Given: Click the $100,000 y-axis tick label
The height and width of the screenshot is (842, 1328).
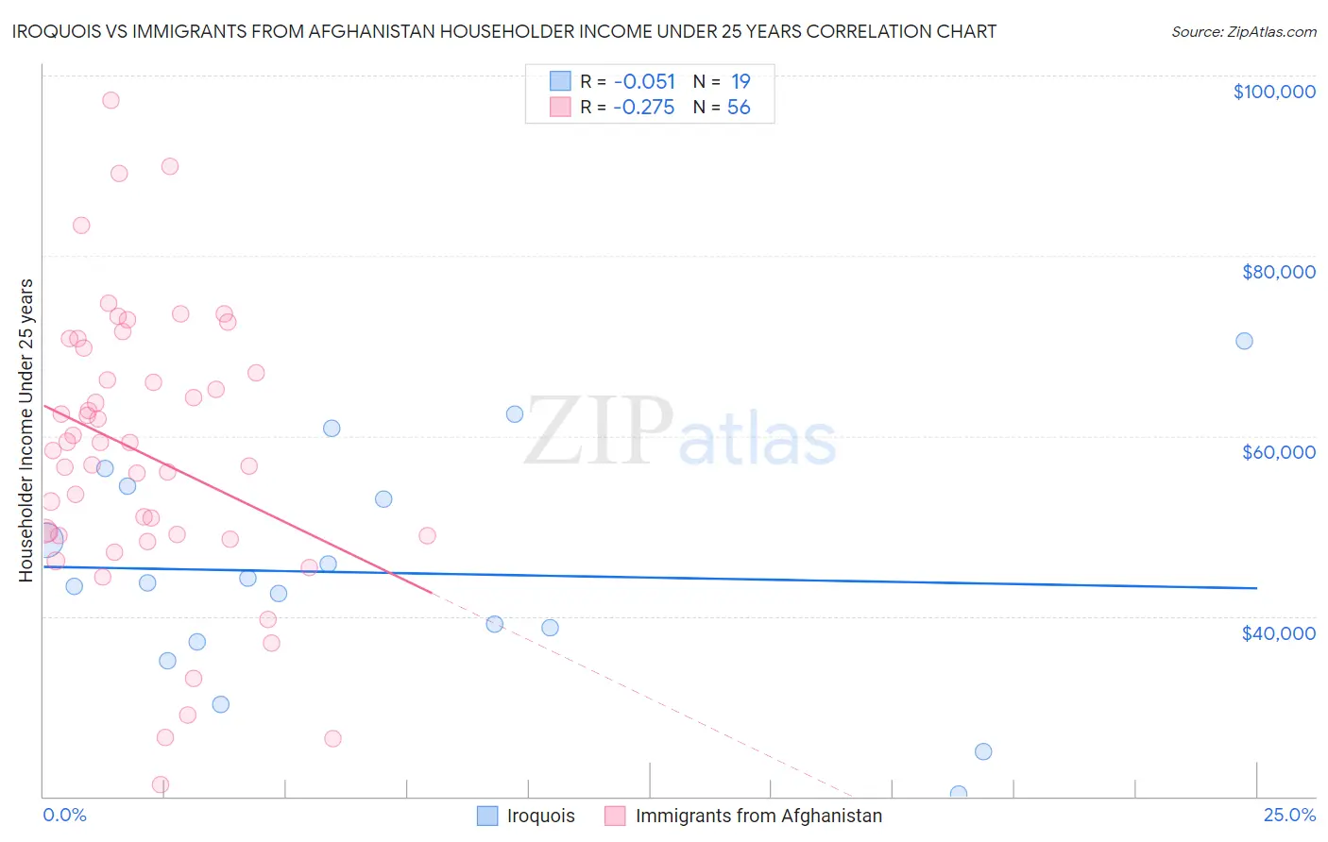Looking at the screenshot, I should pyautogui.click(x=1274, y=92).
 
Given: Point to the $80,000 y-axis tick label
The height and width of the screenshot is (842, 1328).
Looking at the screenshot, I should pyautogui.click(x=1278, y=272).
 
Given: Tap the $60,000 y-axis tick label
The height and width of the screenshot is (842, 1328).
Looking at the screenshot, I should pyautogui.click(x=1278, y=452).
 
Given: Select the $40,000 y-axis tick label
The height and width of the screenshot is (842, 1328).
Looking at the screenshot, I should pyautogui.click(x=1278, y=633).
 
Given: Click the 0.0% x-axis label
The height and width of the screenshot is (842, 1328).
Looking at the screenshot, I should pyautogui.click(x=64, y=816).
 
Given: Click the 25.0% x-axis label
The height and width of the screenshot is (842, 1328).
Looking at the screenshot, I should pyautogui.click(x=1289, y=816).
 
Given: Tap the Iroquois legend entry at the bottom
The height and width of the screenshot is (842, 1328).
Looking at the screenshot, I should pyautogui.click(x=540, y=816).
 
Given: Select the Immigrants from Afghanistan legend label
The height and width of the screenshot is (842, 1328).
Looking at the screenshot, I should pyautogui.click(x=758, y=816).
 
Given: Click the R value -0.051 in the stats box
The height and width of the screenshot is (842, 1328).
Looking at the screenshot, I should pyautogui.click(x=644, y=82).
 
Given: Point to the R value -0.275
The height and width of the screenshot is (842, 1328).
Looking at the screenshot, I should pyautogui.click(x=644, y=108).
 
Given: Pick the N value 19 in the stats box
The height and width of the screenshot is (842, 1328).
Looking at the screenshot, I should pyautogui.click(x=741, y=82).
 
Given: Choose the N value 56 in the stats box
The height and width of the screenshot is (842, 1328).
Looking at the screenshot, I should pyautogui.click(x=739, y=108).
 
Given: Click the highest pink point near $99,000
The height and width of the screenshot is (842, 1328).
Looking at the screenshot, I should pyautogui.click(x=111, y=100).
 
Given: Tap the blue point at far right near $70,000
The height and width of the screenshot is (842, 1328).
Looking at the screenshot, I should pyautogui.click(x=1244, y=341).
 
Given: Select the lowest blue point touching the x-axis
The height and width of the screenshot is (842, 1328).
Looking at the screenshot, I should pyautogui.click(x=959, y=794).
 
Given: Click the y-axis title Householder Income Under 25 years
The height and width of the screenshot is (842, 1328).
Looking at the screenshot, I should pyautogui.click(x=26, y=429).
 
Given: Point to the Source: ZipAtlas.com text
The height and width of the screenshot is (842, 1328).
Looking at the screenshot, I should pyautogui.click(x=1243, y=32).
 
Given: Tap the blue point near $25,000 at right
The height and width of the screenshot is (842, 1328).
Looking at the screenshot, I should pyautogui.click(x=983, y=751).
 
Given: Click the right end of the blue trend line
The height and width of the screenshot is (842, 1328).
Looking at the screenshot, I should pyautogui.click(x=1256, y=588).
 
